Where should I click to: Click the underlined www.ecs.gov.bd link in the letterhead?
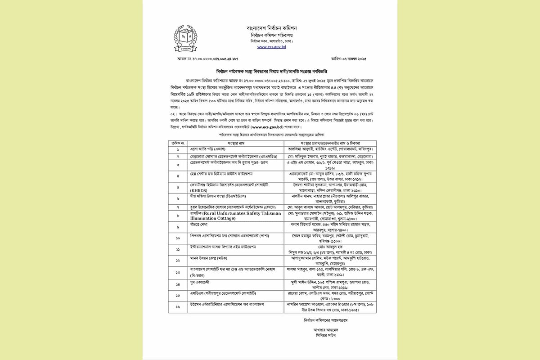coord(271,46)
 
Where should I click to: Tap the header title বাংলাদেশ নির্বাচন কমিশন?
coord(272,28)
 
